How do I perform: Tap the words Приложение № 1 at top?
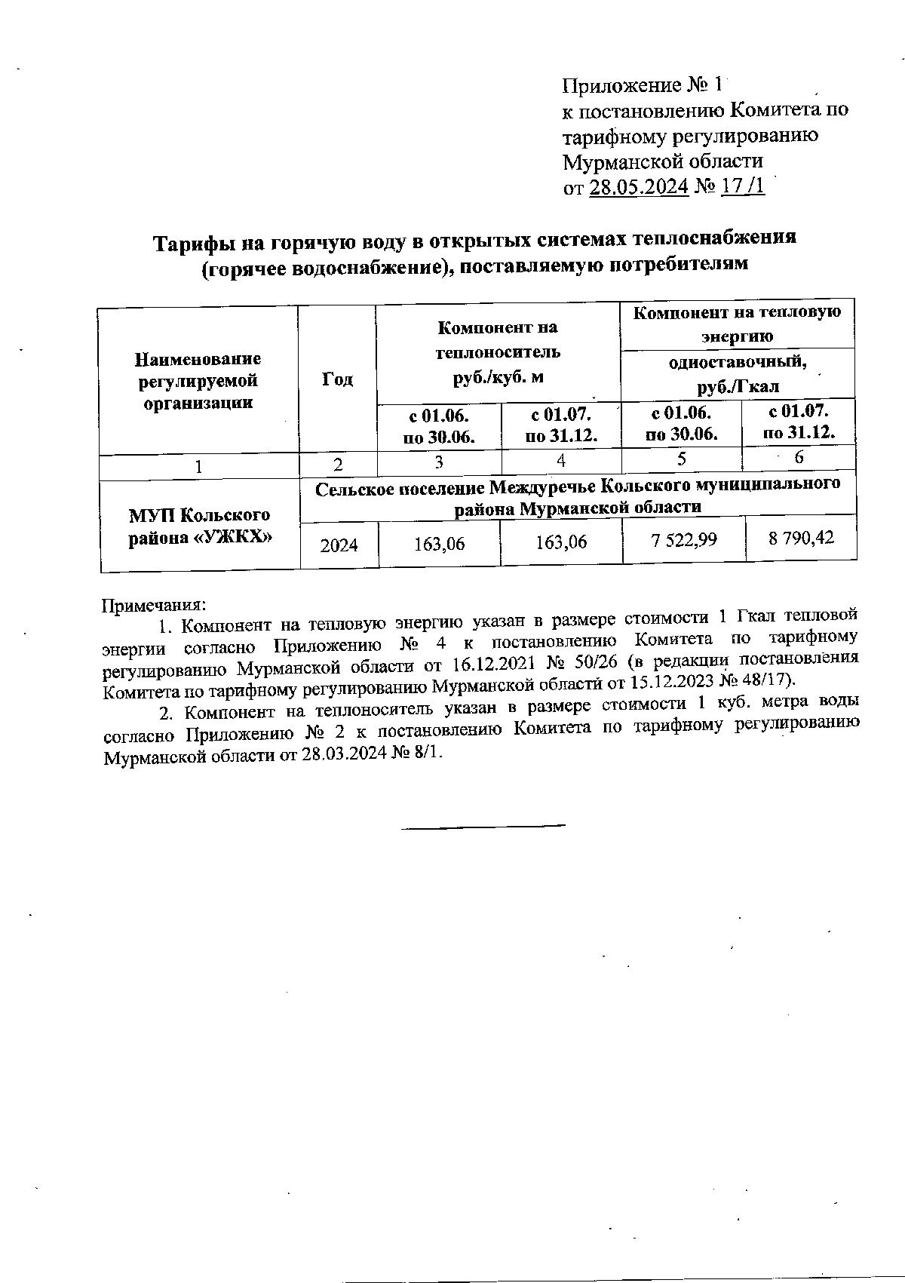(643, 84)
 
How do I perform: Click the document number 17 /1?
(743, 186)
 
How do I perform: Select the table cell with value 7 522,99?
(683, 540)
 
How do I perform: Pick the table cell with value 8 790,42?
(801, 539)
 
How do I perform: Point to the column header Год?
(337, 379)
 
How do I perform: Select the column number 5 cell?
(682, 460)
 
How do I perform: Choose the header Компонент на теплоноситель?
(498, 351)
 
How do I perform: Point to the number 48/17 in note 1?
(762, 680)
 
